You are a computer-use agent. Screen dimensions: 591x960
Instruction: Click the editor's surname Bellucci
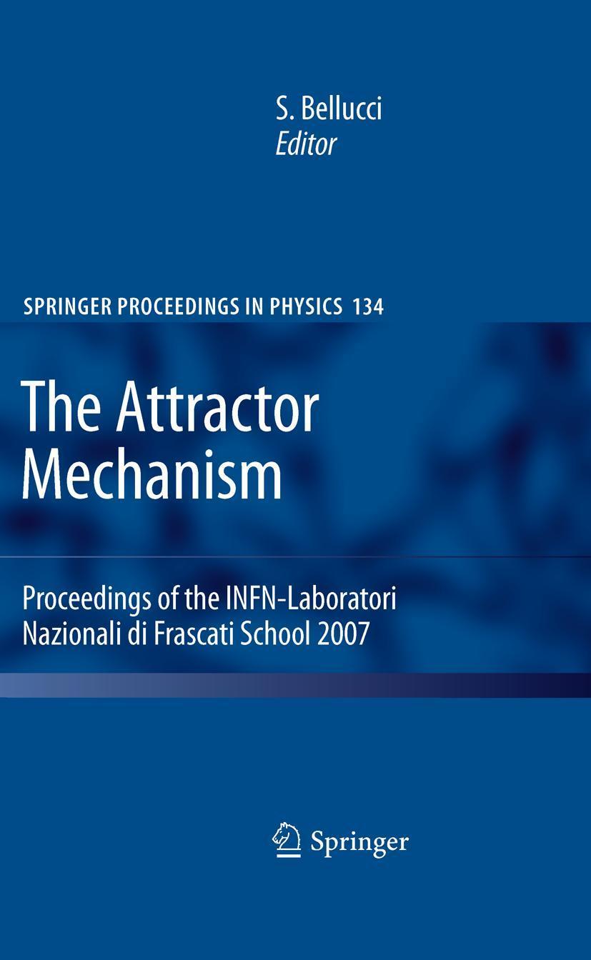click(341, 108)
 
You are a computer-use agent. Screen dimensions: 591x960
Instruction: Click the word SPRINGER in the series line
click(67, 307)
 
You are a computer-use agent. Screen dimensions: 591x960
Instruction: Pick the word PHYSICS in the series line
click(306, 307)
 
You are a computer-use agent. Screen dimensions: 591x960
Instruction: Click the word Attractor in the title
click(217, 410)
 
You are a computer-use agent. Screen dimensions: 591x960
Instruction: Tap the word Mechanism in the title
click(152, 474)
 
